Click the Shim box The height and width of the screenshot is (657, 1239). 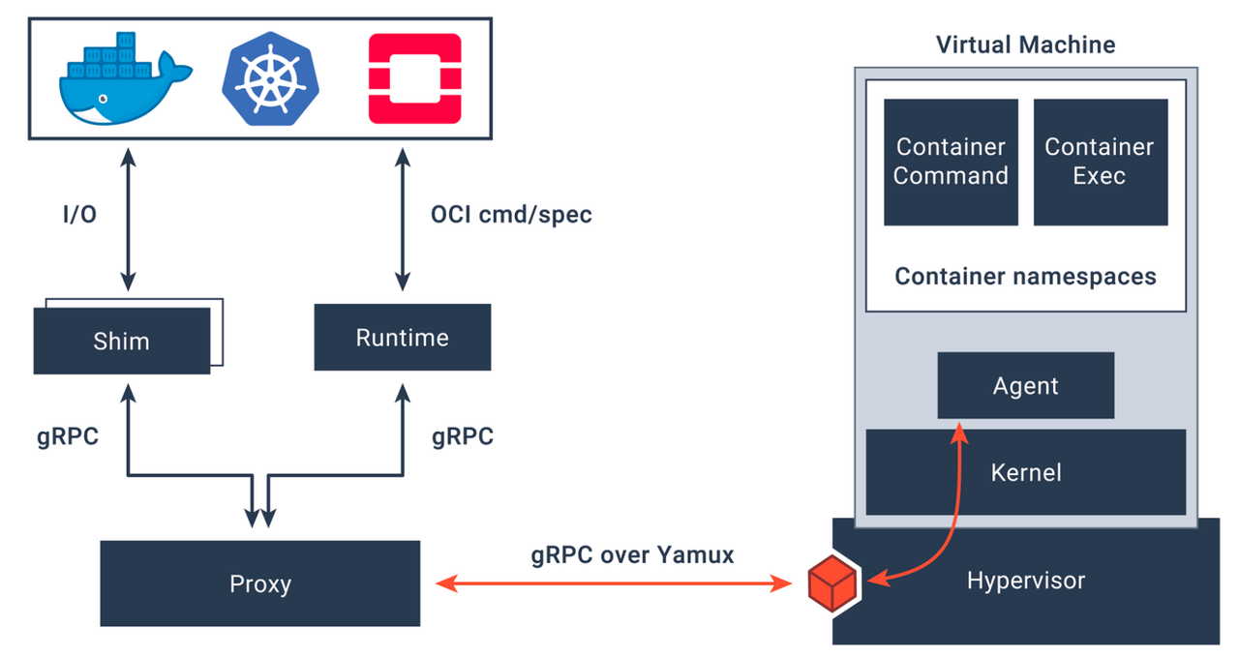122,341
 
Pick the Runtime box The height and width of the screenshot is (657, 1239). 402,337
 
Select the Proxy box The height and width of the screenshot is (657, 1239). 259,583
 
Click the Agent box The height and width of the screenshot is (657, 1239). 1025,385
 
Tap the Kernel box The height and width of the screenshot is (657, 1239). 1025,472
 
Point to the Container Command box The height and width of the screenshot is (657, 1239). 951,162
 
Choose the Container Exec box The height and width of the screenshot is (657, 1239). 1100,162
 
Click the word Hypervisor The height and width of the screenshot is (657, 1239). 1025,581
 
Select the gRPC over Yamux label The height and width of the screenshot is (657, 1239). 632,555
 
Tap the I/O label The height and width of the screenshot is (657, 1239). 78,215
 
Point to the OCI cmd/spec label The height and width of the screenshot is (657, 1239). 510,215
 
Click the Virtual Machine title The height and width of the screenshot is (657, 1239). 1025,45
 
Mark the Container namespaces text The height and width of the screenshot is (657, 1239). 1025,277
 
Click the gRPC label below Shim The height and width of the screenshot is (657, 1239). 68,436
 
